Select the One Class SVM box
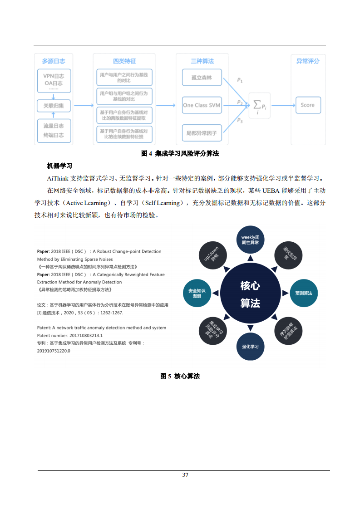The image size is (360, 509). click(202, 105)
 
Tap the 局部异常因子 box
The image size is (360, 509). click(202, 133)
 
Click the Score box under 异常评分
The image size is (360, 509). click(307, 105)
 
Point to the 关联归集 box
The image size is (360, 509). click(54, 106)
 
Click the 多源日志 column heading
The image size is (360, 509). click(54, 61)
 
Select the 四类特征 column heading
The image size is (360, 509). click(124, 61)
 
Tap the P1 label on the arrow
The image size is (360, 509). click(240, 81)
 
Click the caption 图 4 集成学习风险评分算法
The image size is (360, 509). click(180, 154)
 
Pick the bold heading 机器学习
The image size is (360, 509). click(59, 166)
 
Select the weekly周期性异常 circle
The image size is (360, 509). click(250, 240)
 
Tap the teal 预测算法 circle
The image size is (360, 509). click(303, 294)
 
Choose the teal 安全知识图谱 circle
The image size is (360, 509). click(197, 293)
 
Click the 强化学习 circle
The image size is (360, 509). click(250, 347)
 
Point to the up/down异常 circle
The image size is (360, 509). click(212, 255)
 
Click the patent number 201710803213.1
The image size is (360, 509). click(86, 335)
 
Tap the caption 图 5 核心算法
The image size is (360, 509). click(180, 376)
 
